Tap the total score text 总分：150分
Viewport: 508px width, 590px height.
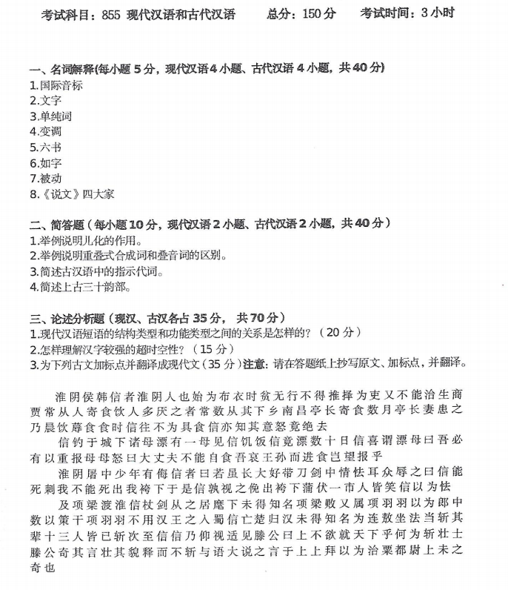[x=301, y=15]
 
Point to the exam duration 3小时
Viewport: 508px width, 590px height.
[x=438, y=13]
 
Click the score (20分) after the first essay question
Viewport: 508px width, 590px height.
[x=341, y=333]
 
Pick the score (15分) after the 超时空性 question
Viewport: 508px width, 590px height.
[x=214, y=348]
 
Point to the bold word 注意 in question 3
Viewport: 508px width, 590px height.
[x=255, y=364]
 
